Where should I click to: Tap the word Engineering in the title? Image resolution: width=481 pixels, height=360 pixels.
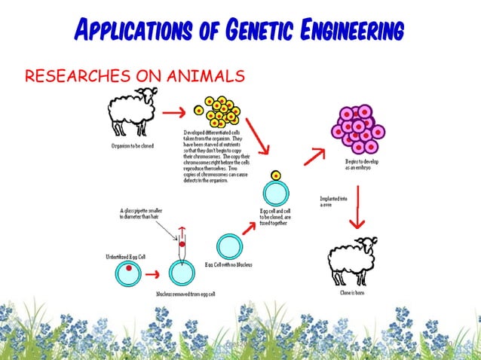(354, 31)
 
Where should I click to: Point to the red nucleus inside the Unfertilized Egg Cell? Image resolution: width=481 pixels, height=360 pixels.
(130, 267)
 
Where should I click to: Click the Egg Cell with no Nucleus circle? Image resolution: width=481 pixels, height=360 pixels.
(229, 246)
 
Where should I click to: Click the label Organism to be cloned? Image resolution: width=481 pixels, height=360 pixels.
(132, 145)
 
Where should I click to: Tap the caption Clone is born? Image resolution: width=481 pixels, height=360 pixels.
(351, 293)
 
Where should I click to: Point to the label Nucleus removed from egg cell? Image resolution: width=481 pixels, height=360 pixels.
(185, 294)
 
